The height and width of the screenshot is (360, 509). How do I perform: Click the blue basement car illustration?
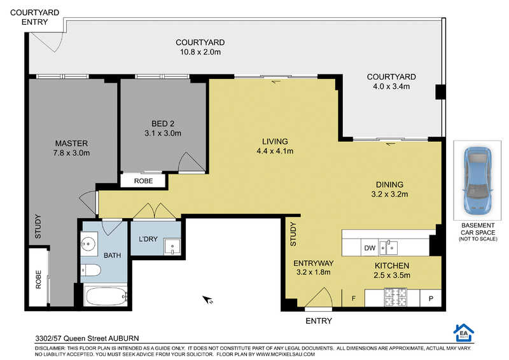(478, 181)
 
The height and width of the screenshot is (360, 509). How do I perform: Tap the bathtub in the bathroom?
(106, 296)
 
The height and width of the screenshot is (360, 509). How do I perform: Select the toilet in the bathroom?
(90, 270)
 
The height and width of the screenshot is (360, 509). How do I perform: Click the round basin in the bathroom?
(88, 242)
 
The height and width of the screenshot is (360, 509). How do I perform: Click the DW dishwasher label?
(370, 248)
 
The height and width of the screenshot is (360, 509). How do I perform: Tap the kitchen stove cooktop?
(395, 298)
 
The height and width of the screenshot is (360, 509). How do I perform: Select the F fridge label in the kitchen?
(354, 298)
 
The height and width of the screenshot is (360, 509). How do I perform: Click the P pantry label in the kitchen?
(431, 299)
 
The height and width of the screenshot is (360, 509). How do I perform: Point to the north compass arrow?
(207, 300)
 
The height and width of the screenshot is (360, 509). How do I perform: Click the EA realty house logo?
(463, 333)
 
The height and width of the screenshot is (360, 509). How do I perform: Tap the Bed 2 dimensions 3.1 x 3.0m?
(163, 133)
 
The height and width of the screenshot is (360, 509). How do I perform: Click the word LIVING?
(275, 142)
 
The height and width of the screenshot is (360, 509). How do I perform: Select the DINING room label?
(389, 184)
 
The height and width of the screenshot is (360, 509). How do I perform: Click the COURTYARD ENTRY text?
(35, 17)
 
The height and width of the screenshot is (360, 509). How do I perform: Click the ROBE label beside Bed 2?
(143, 181)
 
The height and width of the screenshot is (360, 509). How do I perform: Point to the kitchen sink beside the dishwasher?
(388, 248)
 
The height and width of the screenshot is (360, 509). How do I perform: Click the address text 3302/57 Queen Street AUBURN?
(87, 338)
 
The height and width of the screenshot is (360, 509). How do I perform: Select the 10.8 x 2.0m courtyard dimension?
(200, 52)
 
